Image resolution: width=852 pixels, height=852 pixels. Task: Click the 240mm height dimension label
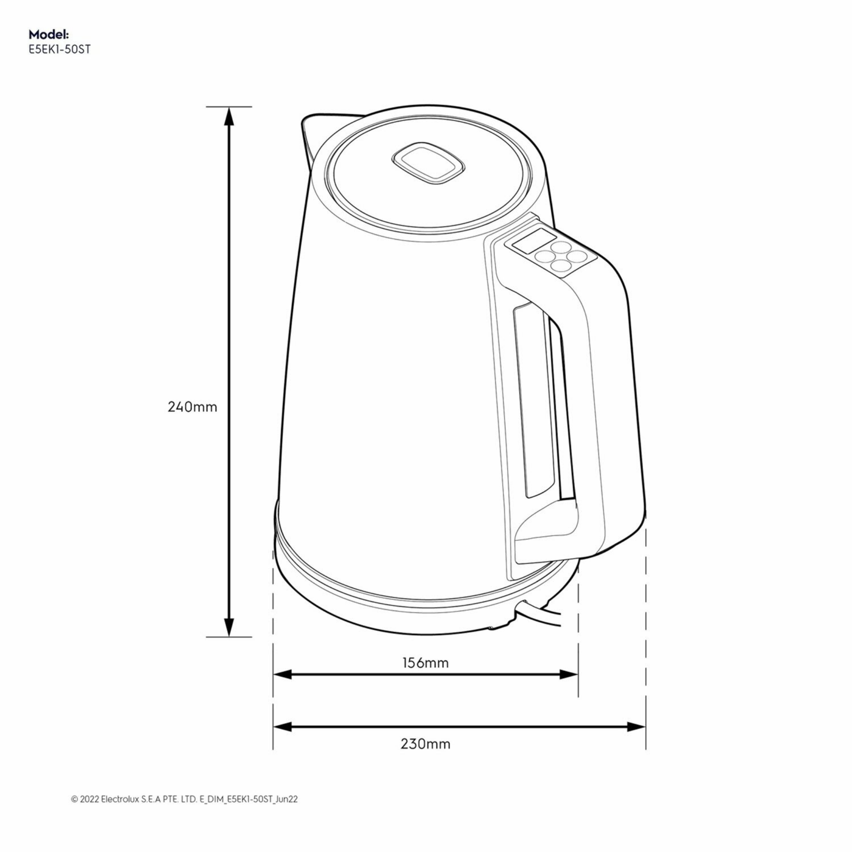192,407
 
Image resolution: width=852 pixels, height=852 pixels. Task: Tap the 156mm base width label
425,663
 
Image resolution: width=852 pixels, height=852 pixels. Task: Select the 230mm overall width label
425,744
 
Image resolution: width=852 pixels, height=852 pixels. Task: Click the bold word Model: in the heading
49,35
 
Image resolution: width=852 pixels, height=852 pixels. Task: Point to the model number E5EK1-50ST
59,50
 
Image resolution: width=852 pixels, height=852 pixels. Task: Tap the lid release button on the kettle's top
427,163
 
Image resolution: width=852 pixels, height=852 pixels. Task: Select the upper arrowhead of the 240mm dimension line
228,117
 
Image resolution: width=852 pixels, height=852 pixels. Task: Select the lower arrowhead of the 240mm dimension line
228,626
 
